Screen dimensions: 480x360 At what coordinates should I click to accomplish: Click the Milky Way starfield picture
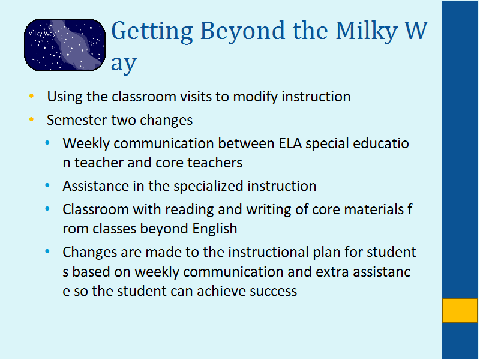[x=65, y=45]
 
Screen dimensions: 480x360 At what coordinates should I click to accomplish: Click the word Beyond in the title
[x=242, y=31]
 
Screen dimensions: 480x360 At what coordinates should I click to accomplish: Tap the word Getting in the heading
[x=152, y=32]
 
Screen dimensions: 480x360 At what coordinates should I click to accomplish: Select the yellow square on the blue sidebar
[x=460, y=311]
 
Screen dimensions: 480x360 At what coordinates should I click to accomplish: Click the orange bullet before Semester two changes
[x=31, y=119]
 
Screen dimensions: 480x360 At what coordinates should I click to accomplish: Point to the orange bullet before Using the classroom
[x=31, y=96]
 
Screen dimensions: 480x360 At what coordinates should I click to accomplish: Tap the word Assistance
[x=96, y=186]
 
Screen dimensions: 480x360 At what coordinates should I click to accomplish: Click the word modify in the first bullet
[x=256, y=97]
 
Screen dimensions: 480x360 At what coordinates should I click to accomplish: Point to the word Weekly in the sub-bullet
[x=86, y=143]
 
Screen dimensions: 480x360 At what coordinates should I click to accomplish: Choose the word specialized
[x=208, y=187]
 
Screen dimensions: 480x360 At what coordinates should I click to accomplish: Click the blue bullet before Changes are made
[x=47, y=251]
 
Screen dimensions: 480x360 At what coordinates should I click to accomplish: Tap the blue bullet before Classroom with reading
[x=47, y=209]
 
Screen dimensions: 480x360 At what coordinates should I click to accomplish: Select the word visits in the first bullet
[x=196, y=97]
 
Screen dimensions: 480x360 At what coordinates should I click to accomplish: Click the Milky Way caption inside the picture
[x=42, y=34]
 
